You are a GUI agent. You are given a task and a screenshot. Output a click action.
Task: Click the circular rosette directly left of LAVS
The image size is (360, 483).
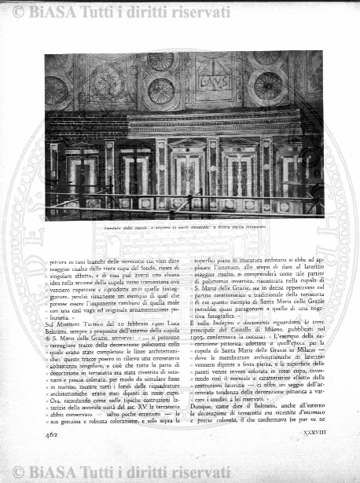click(x=161, y=91)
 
